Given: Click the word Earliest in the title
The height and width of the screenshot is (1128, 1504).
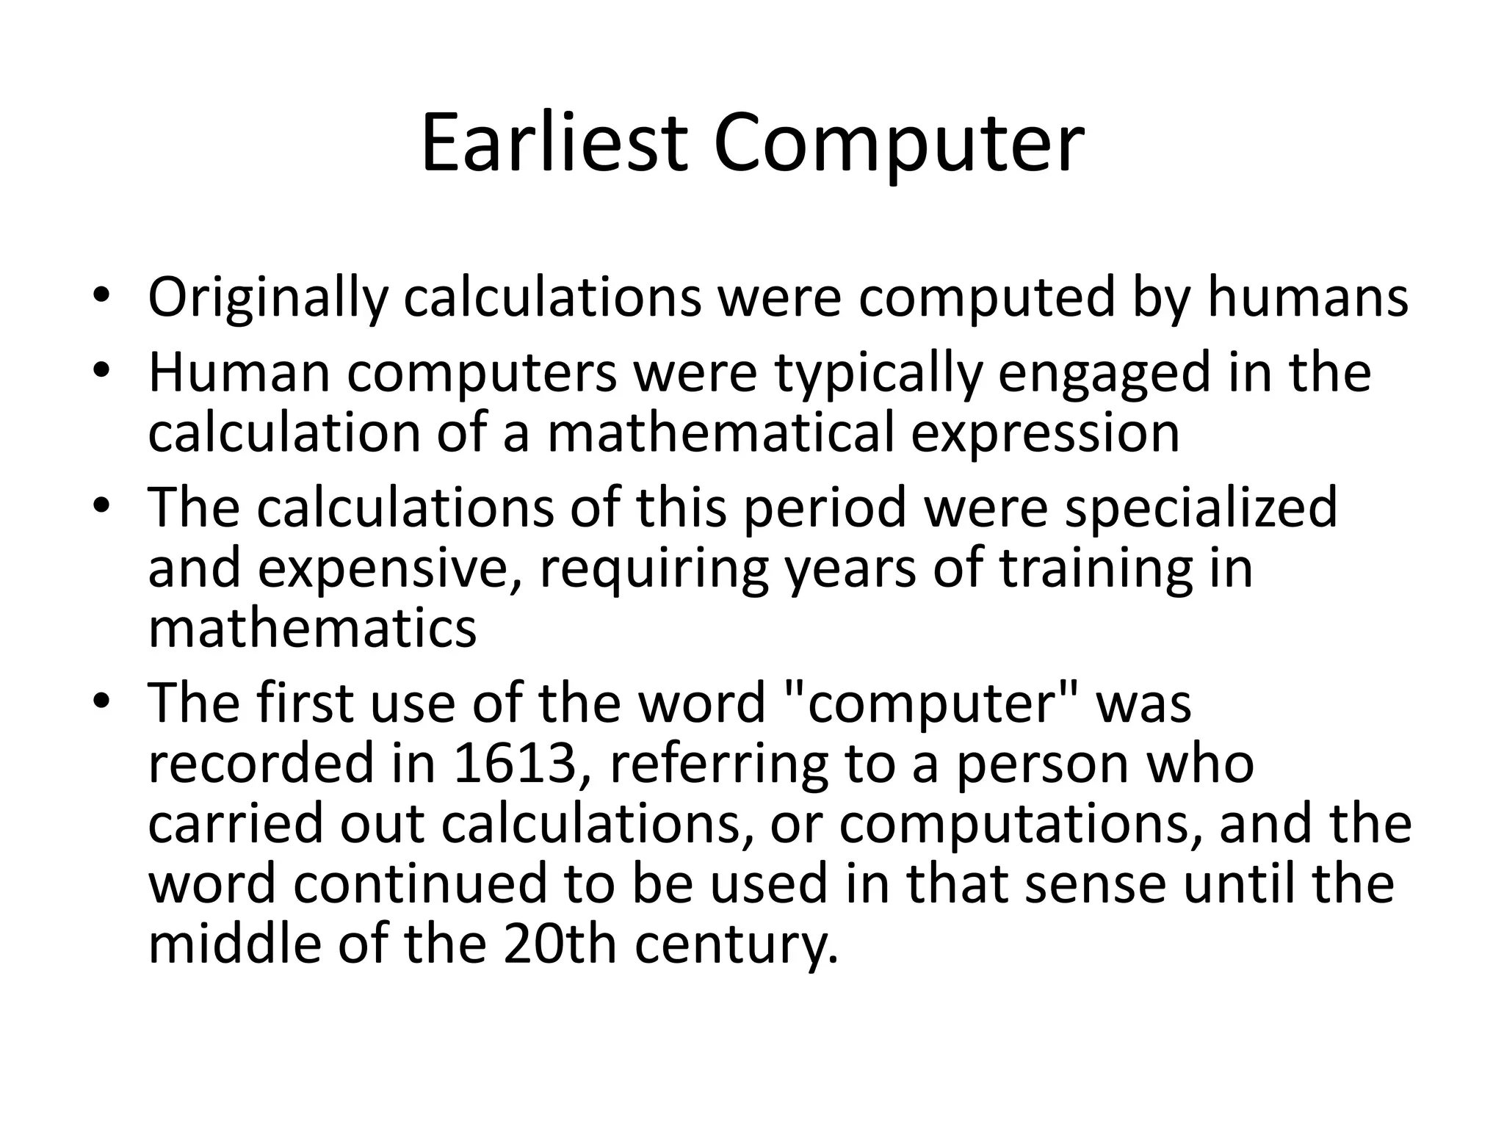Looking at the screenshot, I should pyautogui.click(x=554, y=143).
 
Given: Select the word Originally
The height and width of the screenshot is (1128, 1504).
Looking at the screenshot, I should pyautogui.click(x=267, y=297).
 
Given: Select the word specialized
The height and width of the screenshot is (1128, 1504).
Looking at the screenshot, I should pyautogui.click(x=1201, y=508).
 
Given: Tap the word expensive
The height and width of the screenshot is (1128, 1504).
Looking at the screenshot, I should pyautogui.click(x=384, y=570).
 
